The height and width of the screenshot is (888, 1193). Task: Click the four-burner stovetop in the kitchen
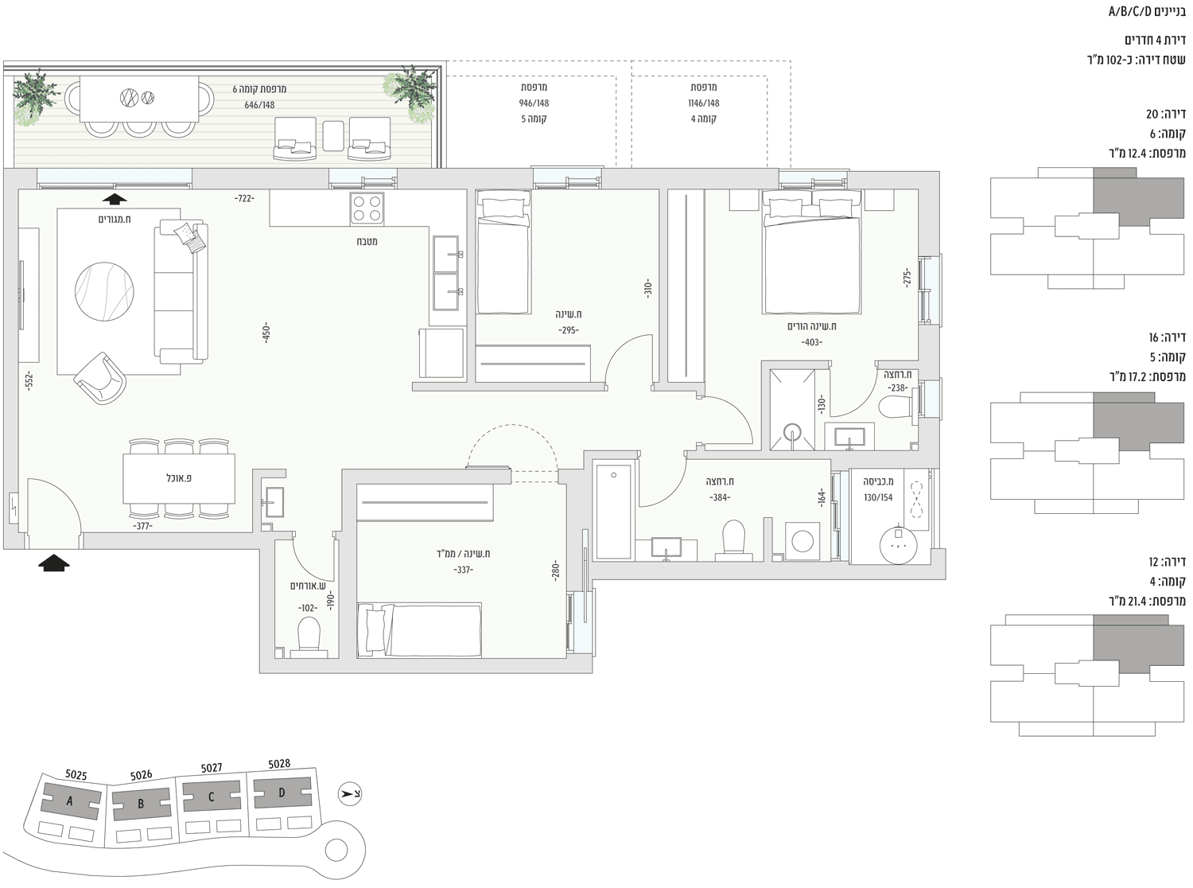(x=367, y=208)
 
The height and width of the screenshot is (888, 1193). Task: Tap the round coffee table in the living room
(x=104, y=291)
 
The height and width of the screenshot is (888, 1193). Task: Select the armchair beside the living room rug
(x=100, y=378)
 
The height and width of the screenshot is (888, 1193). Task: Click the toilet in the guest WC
(x=309, y=637)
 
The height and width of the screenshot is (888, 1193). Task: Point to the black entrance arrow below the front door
(x=54, y=563)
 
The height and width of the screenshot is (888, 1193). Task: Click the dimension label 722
(x=244, y=199)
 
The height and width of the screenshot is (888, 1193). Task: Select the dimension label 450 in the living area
(x=266, y=333)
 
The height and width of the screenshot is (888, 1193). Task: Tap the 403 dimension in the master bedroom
(x=812, y=342)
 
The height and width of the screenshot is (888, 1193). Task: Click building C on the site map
(x=212, y=796)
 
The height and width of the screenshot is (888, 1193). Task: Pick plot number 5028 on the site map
(x=279, y=764)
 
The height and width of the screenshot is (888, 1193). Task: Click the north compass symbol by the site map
(x=350, y=794)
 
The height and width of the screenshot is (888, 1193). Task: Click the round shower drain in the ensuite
(x=791, y=431)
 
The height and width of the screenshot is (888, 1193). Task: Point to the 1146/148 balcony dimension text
(x=704, y=103)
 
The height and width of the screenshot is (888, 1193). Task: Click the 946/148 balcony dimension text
(x=534, y=103)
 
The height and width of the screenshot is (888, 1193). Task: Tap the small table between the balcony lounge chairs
(x=333, y=136)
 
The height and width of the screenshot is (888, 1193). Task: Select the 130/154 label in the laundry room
(x=878, y=498)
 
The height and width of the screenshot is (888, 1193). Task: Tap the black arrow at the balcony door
(x=115, y=200)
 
